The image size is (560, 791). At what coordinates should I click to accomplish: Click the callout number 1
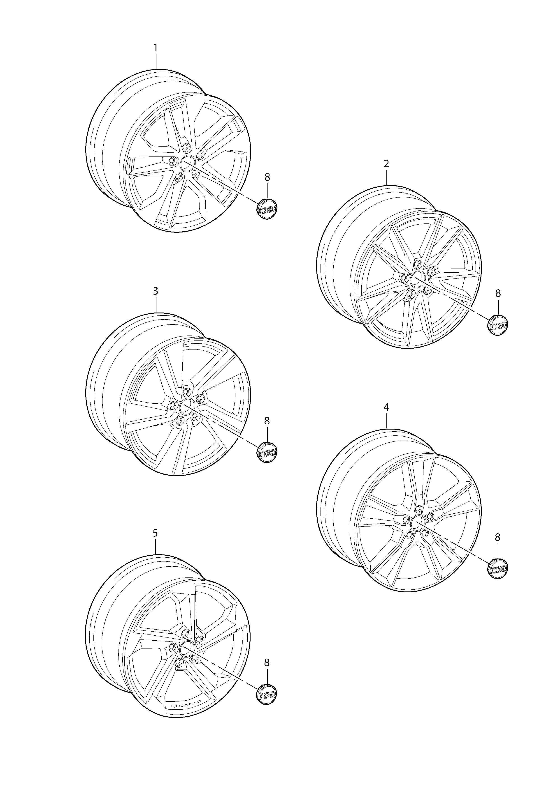156,48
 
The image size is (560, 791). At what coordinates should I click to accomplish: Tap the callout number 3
156,291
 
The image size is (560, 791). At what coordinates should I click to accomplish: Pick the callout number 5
155,533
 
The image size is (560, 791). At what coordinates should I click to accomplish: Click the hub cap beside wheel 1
268,209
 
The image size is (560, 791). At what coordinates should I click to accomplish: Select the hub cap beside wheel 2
498,325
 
